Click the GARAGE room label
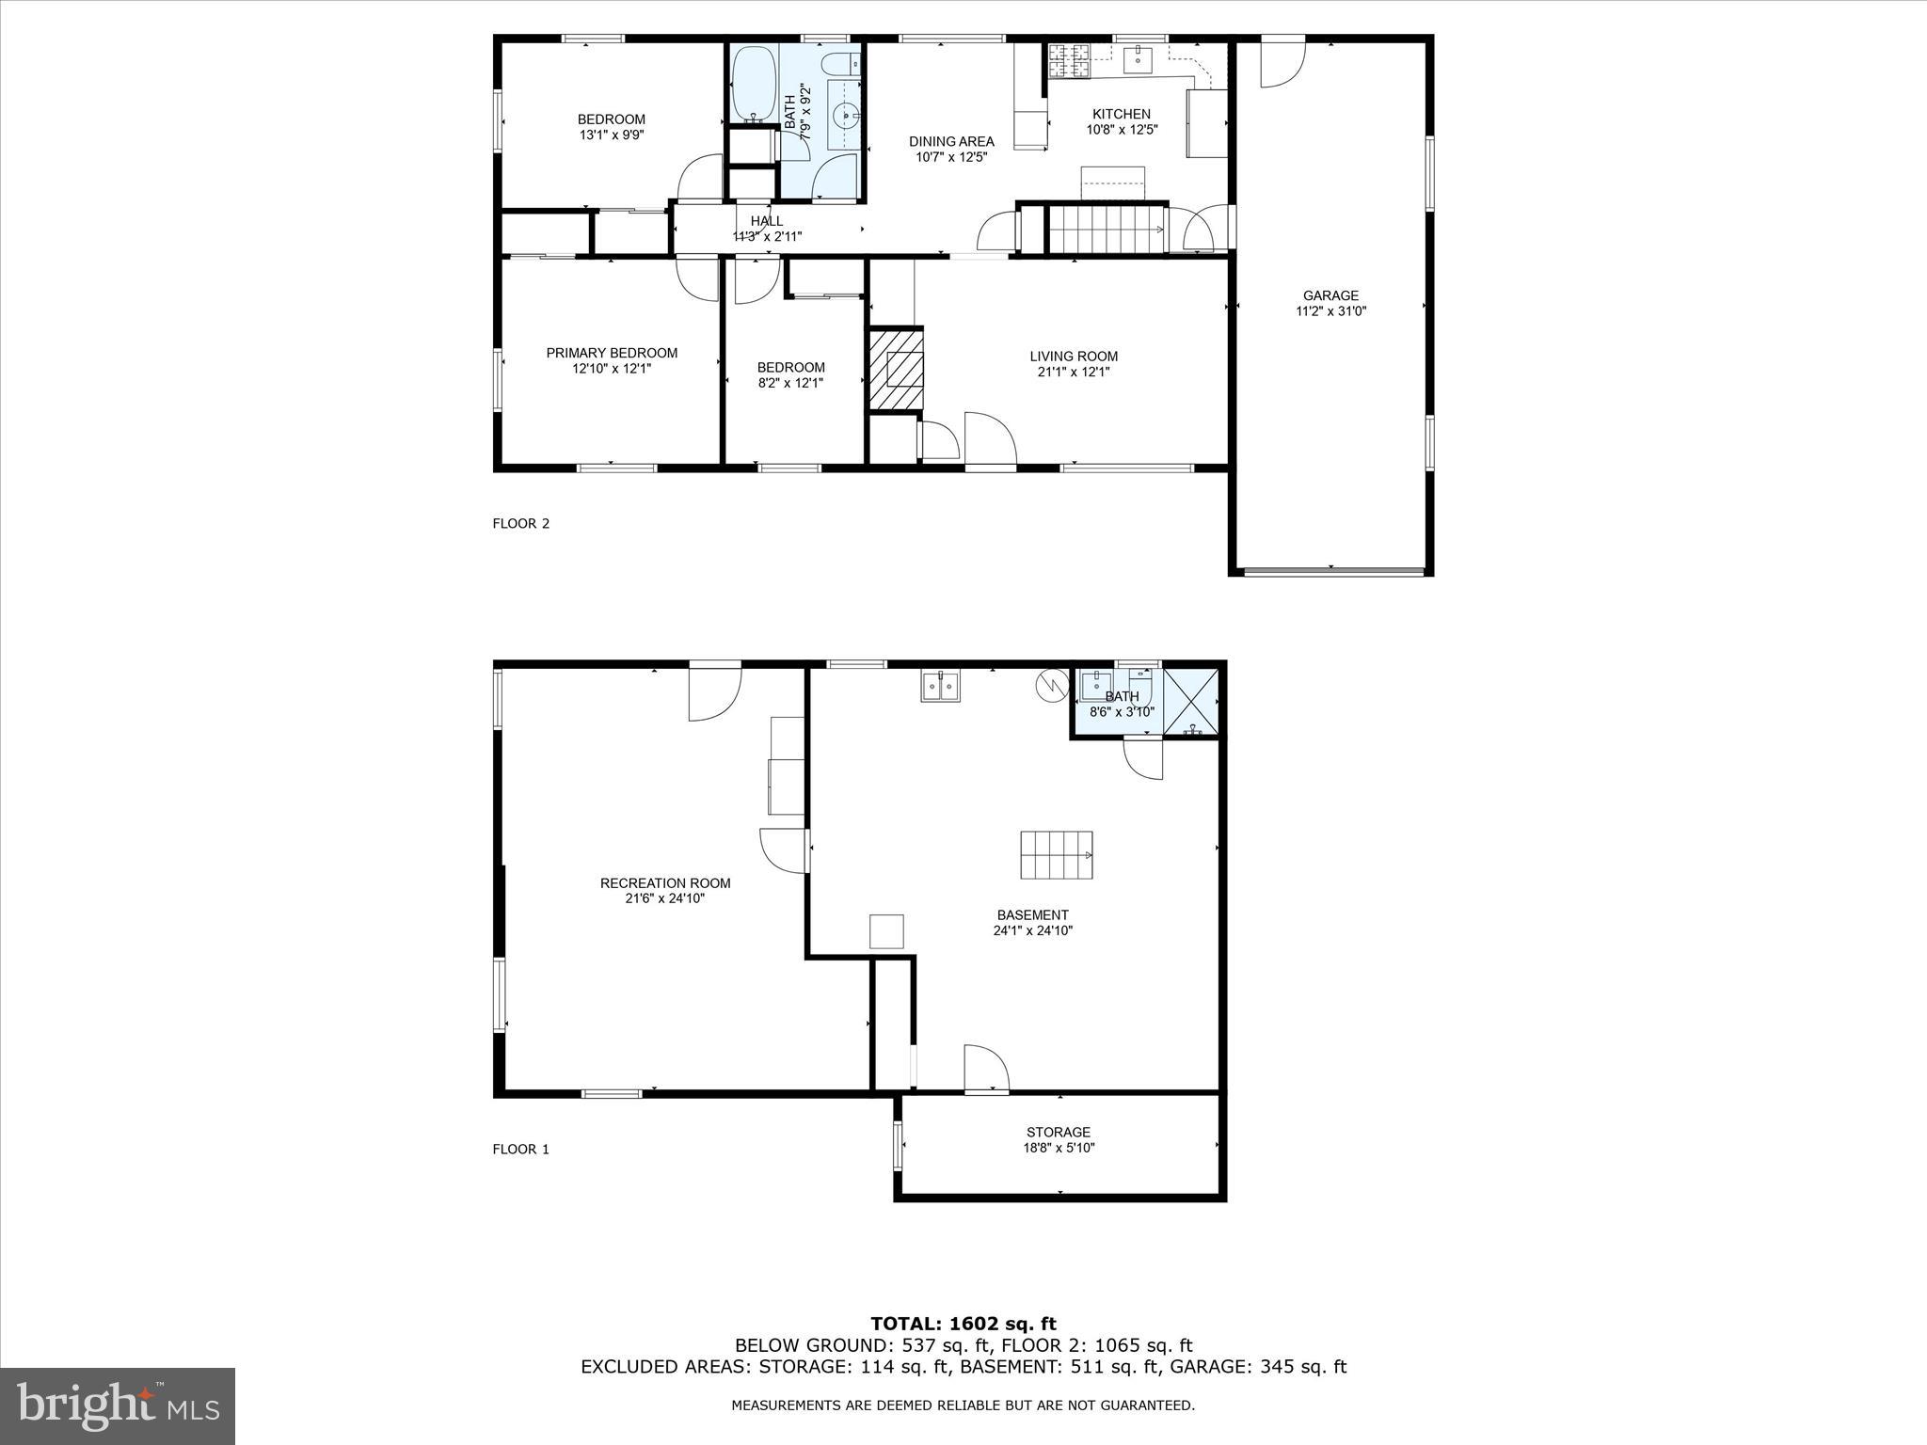point(1330,295)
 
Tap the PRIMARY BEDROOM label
point(612,353)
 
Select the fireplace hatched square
point(896,369)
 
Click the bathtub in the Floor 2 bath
point(754,83)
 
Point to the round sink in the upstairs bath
point(846,116)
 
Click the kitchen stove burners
point(1070,60)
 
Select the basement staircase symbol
point(1057,855)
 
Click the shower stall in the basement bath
point(1192,701)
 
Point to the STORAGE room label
point(1059,1132)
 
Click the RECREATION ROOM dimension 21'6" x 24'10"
point(665,898)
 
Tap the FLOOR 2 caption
point(520,524)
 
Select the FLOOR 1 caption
point(520,1150)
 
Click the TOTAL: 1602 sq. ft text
point(963,1325)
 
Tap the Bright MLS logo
point(118,1405)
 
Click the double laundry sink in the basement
point(940,687)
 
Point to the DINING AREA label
point(951,141)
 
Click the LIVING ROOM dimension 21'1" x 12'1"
point(1074,372)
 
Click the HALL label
point(767,221)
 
